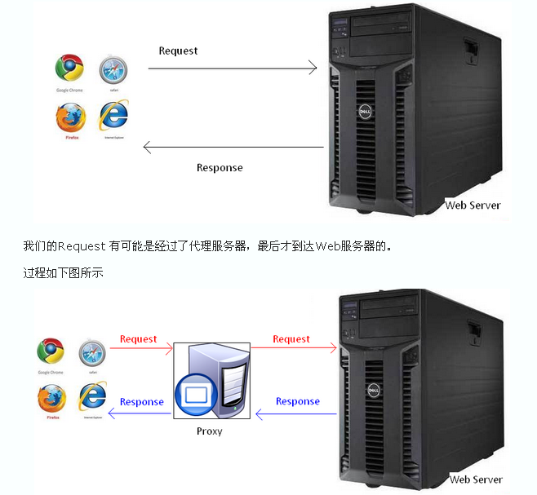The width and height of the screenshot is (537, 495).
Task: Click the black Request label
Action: (178, 51)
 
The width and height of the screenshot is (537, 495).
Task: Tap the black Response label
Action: (220, 167)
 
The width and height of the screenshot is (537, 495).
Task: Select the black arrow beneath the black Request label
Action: (233, 68)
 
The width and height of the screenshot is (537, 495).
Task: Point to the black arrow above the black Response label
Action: (233, 148)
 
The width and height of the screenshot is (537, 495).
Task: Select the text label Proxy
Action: (210, 431)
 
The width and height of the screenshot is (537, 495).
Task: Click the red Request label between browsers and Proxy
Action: (138, 338)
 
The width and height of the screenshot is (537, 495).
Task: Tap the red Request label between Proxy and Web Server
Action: (291, 338)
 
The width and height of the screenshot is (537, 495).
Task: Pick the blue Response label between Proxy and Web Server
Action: (297, 401)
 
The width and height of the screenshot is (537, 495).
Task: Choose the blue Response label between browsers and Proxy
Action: (141, 401)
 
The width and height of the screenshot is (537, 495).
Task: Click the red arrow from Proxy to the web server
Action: (294, 349)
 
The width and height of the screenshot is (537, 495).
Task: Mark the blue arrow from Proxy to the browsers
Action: (140, 413)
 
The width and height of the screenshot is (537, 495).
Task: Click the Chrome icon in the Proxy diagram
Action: (51, 351)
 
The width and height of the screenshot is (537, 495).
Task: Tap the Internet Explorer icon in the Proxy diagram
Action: (92, 396)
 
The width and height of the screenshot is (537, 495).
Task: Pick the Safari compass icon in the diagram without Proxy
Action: (113, 70)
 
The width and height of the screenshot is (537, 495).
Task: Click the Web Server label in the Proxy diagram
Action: (476, 480)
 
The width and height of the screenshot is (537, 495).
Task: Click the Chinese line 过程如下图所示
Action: (63, 273)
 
